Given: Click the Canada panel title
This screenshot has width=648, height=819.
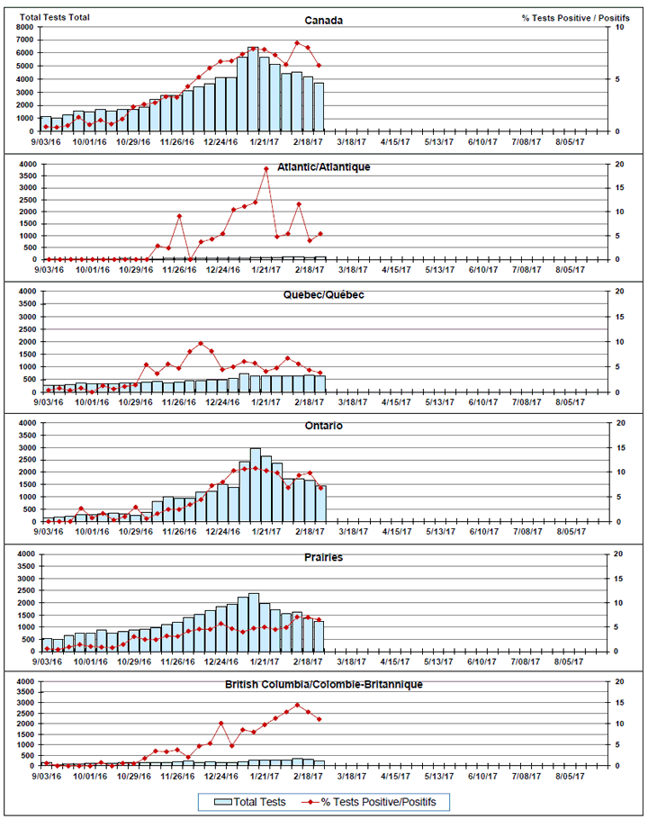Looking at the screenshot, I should [323, 21].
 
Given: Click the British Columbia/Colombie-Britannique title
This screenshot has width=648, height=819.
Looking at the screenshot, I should [323, 684].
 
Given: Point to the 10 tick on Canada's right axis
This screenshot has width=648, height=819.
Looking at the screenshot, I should [616, 27].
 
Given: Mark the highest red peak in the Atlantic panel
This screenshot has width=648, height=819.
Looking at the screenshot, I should [265, 169].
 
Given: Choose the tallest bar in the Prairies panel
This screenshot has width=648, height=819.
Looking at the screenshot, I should [253, 621].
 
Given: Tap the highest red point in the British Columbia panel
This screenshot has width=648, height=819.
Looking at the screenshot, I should [297, 705].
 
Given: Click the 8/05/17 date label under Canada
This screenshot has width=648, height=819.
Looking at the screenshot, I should [568, 141].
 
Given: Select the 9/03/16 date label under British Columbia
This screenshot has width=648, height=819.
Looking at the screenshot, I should [47, 775].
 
